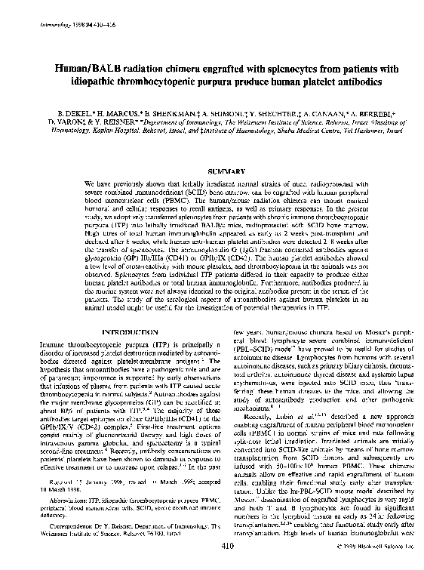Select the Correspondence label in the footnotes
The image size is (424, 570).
click(x=61, y=524)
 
